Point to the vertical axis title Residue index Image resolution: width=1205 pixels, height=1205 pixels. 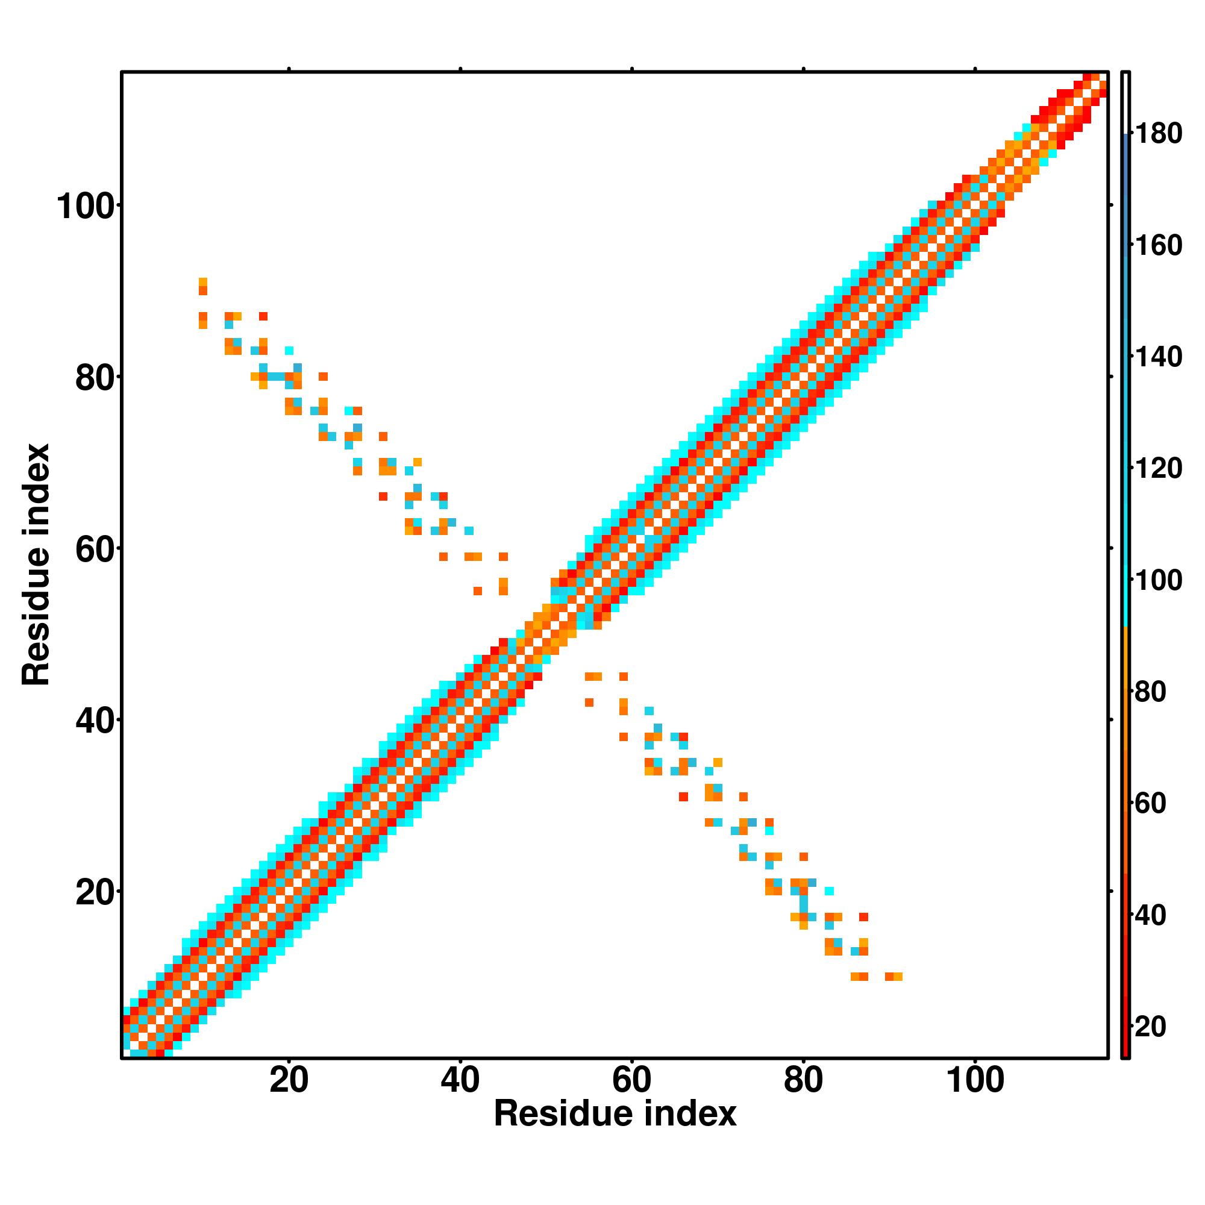click(36, 565)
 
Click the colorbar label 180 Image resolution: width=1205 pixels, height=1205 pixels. click(1158, 134)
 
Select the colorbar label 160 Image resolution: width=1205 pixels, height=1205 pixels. click(1158, 246)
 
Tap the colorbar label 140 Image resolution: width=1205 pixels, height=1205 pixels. click(1158, 357)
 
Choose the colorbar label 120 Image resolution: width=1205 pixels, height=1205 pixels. click(1158, 469)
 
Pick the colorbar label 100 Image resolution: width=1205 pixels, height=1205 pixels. click(1158, 581)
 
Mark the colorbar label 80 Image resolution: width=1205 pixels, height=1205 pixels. click(1151, 692)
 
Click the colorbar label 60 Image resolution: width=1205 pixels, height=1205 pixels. click(1151, 804)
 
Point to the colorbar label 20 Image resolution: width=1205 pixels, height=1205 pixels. click(1151, 1027)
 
